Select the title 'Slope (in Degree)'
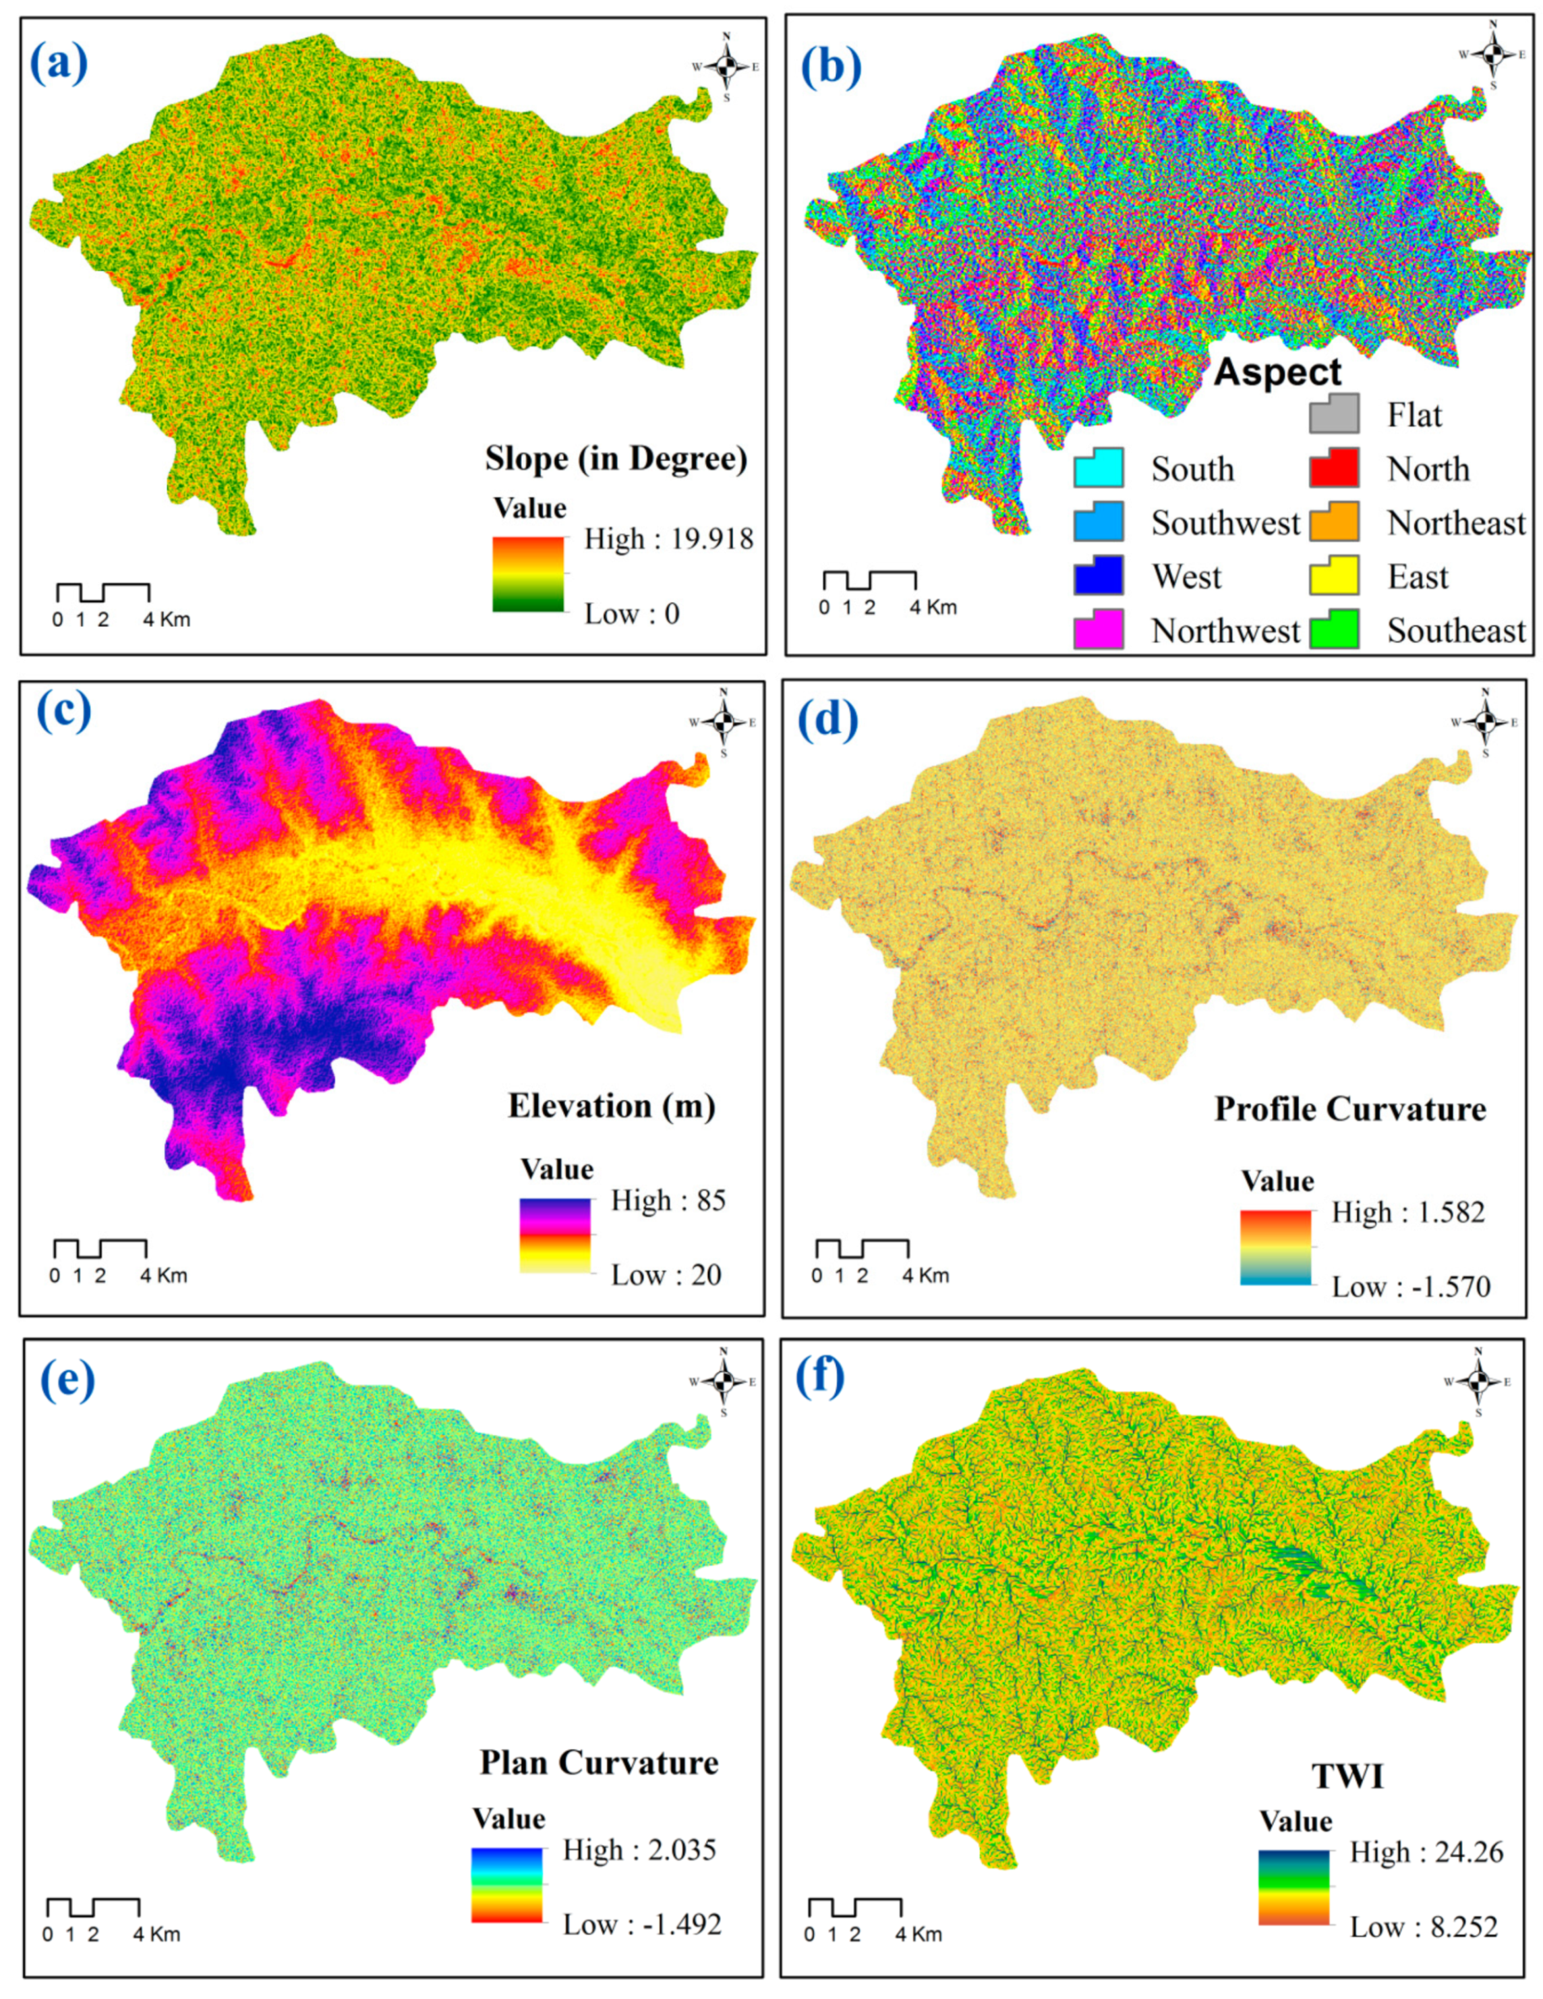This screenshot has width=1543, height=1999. point(616,459)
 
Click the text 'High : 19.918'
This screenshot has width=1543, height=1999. point(669,539)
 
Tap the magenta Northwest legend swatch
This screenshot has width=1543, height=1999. point(1098,629)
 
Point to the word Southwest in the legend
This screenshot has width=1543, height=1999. point(1225,523)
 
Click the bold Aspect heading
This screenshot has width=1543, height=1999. point(1277,372)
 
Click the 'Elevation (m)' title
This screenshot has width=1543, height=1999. point(612,1106)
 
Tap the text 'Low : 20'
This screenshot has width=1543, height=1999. point(666,1275)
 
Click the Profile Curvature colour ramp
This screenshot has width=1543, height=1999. point(1276,1247)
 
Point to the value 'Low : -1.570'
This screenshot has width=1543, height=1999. point(1410,1287)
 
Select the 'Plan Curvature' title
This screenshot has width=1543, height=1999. point(600,1762)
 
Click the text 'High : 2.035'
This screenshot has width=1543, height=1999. point(640,1850)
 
